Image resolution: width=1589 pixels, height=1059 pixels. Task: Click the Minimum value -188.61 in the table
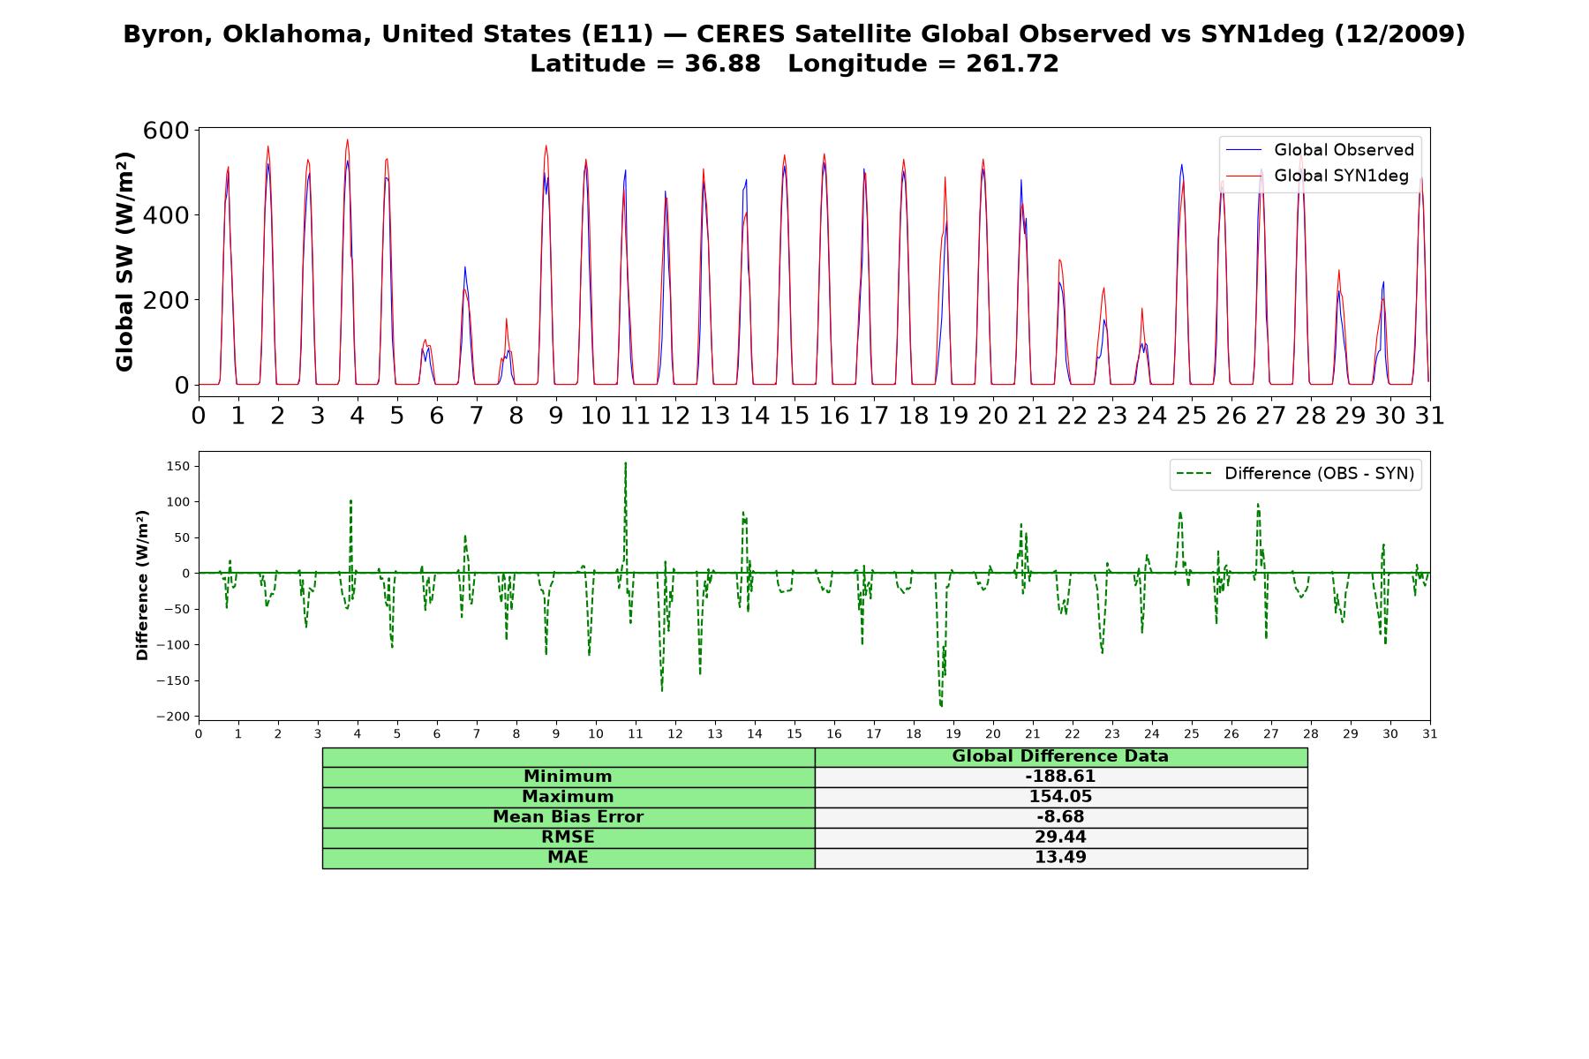click(1060, 777)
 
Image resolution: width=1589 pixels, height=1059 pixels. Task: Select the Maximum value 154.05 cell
click(1060, 797)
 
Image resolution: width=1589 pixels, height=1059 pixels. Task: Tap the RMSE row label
click(568, 837)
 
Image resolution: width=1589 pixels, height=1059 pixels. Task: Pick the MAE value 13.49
click(1060, 858)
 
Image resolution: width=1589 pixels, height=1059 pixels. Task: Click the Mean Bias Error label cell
click(568, 817)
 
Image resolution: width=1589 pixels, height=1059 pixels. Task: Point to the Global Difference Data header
click(1060, 756)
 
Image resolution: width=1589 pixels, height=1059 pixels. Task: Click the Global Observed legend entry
click(1321, 150)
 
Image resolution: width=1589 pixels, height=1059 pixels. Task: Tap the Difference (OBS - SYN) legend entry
click(1296, 474)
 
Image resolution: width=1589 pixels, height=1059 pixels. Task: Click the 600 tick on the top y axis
click(166, 131)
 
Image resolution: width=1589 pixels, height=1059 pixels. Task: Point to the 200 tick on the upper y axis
click(166, 300)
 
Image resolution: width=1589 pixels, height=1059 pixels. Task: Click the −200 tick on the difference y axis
click(173, 717)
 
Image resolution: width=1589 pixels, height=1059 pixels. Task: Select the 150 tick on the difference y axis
click(178, 466)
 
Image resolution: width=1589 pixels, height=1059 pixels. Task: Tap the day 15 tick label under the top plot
click(794, 416)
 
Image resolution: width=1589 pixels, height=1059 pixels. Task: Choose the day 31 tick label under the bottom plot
click(1430, 734)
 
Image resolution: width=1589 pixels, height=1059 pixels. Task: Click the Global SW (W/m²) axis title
click(124, 262)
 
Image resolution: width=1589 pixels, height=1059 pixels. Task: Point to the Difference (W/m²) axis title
click(142, 585)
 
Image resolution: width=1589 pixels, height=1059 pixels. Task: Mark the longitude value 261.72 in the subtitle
click(1011, 64)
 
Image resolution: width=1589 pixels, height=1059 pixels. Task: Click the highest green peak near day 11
click(626, 462)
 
